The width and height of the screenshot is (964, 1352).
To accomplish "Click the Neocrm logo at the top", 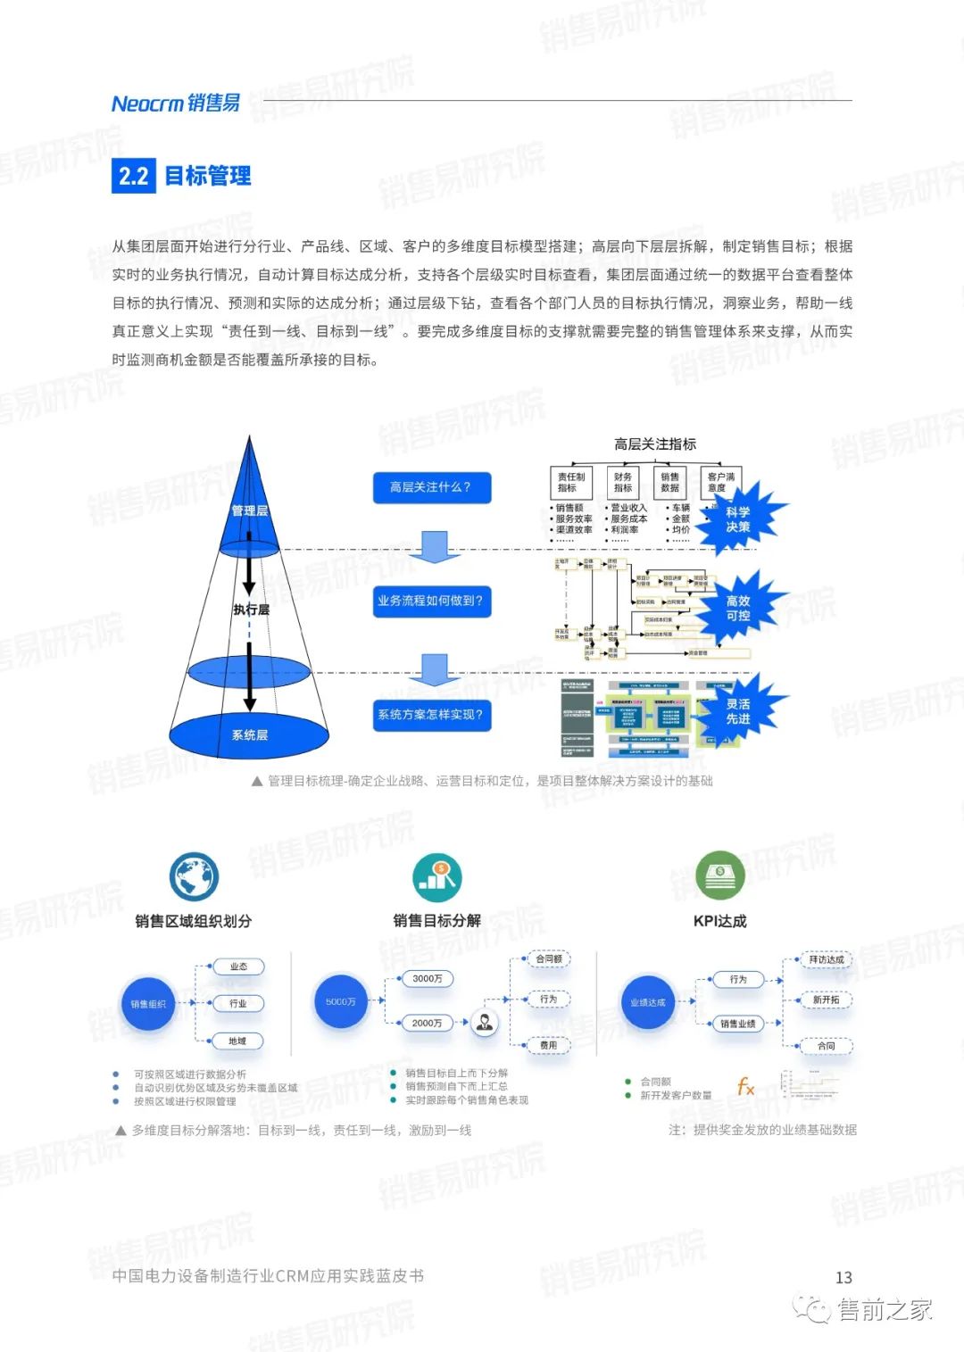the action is click(176, 104).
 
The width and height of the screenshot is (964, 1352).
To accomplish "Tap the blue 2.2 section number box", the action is click(134, 176).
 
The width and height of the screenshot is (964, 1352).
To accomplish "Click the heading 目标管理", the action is click(208, 176).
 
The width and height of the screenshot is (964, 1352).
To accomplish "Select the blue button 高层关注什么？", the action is click(432, 487).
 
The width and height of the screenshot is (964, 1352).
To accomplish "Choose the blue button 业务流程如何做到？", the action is click(432, 601).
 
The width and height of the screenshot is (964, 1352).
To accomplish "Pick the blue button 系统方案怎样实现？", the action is click(432, 714).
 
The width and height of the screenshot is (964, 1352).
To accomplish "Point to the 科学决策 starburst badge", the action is click(738, 518).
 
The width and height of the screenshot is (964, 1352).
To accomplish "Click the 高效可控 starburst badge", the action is click(738, 608).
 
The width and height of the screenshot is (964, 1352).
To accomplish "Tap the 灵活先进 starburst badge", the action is click(738, 711).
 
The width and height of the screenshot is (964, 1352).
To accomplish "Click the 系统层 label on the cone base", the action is click(249, 735).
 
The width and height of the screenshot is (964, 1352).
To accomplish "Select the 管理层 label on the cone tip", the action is click(249, 510).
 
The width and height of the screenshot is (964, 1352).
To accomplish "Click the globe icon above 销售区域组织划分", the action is click(194, 875).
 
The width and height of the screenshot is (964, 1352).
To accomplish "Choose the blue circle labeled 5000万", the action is click(341, 1001).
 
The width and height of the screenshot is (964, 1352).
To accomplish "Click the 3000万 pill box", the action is click(428, 979).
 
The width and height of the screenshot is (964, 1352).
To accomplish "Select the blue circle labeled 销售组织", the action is click(148, 1004).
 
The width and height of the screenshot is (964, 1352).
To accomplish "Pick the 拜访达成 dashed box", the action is click(827, 959).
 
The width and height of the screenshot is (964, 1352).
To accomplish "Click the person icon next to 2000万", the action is click(485, 1022).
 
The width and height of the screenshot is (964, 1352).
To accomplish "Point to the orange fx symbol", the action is click(745, 1086).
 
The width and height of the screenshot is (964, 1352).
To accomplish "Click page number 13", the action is click(843, 1278).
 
